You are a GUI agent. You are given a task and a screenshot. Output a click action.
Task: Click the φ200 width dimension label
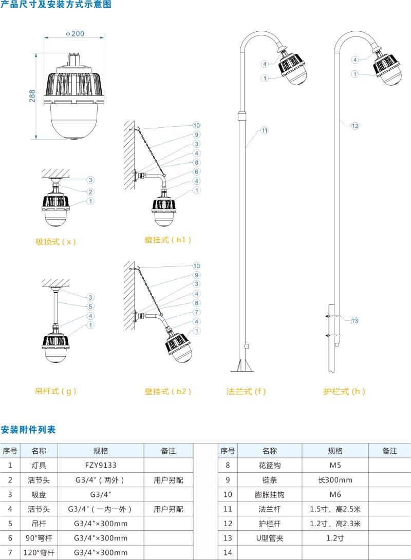(75, 34)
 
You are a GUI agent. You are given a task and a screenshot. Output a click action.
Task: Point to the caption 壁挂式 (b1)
(168, 240)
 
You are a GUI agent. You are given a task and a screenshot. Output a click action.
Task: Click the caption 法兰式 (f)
(247, 391)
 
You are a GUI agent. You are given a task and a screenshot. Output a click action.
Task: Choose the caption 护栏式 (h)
(344, 391)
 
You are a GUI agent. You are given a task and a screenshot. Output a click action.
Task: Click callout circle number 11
(264, 130)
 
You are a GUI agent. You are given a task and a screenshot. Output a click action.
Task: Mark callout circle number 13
(354, 321)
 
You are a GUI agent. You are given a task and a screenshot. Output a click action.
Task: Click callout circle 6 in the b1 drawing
(197, 171)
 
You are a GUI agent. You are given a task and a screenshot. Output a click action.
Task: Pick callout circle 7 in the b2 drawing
(197, 312)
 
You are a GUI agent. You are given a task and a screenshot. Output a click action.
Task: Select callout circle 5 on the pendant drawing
(90, 306)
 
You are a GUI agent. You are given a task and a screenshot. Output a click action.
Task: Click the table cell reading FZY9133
(101, 466)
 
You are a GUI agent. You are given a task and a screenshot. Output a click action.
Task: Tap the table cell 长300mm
(335, 480)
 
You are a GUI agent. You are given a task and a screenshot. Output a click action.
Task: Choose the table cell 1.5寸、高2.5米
(335, 509)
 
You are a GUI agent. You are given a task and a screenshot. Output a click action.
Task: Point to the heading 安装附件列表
(28, 429)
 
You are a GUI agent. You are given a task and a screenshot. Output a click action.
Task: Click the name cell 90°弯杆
(39, 538)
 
